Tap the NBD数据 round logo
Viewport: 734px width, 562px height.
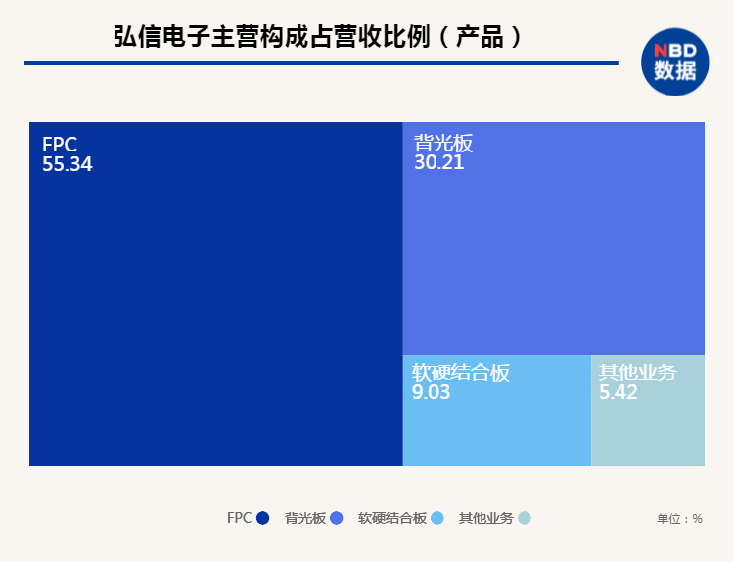click(x=674, y=62)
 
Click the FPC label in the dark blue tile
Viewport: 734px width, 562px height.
click(x=59, y=145)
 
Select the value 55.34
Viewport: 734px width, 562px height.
click(x=67, y=164)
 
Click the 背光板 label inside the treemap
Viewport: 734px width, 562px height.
click(x=442, y=144)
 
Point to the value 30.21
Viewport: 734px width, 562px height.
click(x=438, y=163)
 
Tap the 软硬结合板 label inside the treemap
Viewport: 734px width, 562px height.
click(x=460, y=372)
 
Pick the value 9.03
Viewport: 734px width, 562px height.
click(x=432, y=392)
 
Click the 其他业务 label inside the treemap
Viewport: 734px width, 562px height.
click(x=637, y=372)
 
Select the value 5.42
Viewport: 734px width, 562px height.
click(x=619, y=392)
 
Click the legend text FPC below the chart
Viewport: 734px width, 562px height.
click(x=239, y=518)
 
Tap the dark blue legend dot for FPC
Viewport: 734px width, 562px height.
click(x=262, y=519)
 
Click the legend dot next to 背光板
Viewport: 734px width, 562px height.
click(x=337, y=519)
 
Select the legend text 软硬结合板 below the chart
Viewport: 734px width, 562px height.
click(x=391, y=519)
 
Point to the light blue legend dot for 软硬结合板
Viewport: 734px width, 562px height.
click(x=437, y=519)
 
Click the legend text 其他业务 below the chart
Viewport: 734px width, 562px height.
click(x=485, y=519)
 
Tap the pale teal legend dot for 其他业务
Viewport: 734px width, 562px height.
click(x=524, y=519)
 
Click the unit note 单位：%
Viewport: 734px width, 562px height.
click(x=679, y=519)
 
